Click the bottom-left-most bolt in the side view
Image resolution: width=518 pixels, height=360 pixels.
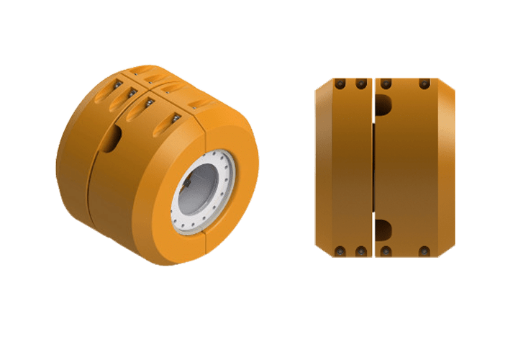coord(337,251)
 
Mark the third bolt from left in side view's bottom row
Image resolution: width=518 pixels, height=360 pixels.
coord(386,251)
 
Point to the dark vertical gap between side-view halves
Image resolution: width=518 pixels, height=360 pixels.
coord(373,166)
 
